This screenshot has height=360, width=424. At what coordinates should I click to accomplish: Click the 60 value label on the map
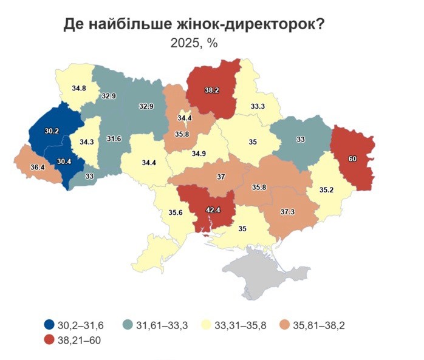coord(352,158)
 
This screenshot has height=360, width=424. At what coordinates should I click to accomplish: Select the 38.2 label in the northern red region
coord(211,90)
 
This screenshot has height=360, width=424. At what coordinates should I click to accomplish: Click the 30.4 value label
coord(63,161)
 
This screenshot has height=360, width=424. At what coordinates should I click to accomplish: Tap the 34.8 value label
coord(79,88)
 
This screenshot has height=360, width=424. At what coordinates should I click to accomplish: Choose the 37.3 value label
coord(289,212)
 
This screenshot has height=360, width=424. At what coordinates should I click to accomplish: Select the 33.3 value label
coord(258,106)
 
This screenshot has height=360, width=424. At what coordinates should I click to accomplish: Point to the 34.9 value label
coord(199,154)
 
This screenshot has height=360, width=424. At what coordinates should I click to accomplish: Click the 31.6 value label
coord(114,139)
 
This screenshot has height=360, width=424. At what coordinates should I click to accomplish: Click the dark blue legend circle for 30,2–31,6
coord(49,325)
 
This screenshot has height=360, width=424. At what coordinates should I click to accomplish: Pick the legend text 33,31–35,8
coord(238,325)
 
